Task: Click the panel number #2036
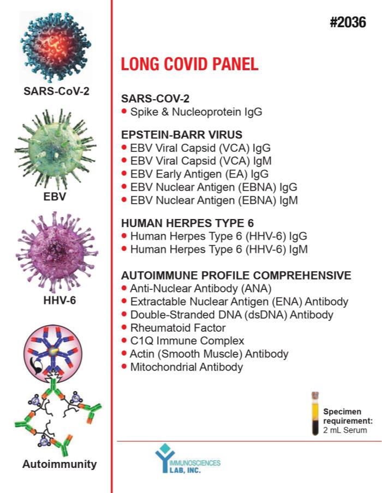(x=348, y=22)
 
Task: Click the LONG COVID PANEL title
(x=189, y=64)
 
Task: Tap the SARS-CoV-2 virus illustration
(x=56, y=46)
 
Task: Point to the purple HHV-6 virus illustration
(x=57, y=252)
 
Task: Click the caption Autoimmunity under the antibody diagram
(x=59, y=464)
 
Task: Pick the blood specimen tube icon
(x=315, y=413)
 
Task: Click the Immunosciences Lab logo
(x=188, y=459)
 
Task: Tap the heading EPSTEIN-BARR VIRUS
(x=182, y=135)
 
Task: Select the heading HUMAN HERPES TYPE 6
(x=187, y=223)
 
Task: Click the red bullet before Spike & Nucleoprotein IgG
(x=124, y=111)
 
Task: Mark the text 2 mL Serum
(x=345, y=430)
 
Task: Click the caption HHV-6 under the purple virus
(x=59, y=301)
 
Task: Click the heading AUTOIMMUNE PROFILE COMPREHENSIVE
(x=236, y=276)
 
